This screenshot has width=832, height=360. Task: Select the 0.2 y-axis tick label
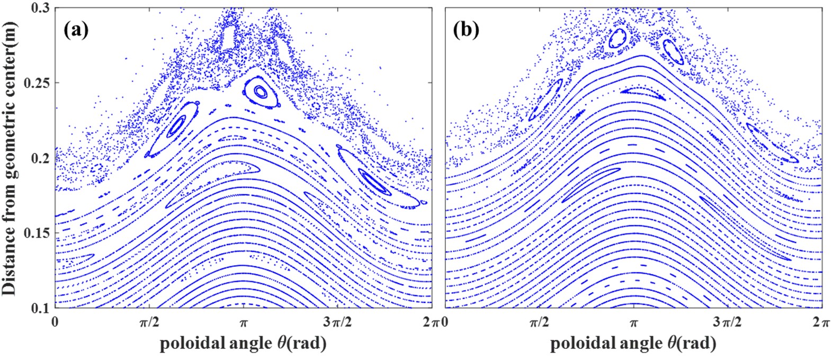click(43, 158)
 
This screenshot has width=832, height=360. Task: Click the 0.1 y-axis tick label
click(43, 308)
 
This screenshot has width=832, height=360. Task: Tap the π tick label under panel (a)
click(243, 322)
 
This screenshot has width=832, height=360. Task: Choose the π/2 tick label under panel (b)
click(539, 322)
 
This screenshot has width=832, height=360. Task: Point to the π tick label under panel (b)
click(633, 322)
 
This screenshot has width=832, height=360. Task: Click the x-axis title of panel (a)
click(243, 344)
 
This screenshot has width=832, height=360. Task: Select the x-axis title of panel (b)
click(633, 344)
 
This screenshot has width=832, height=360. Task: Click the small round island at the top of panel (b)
click(618, 39)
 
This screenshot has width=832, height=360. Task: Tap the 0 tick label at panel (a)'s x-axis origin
click(56, 322)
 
